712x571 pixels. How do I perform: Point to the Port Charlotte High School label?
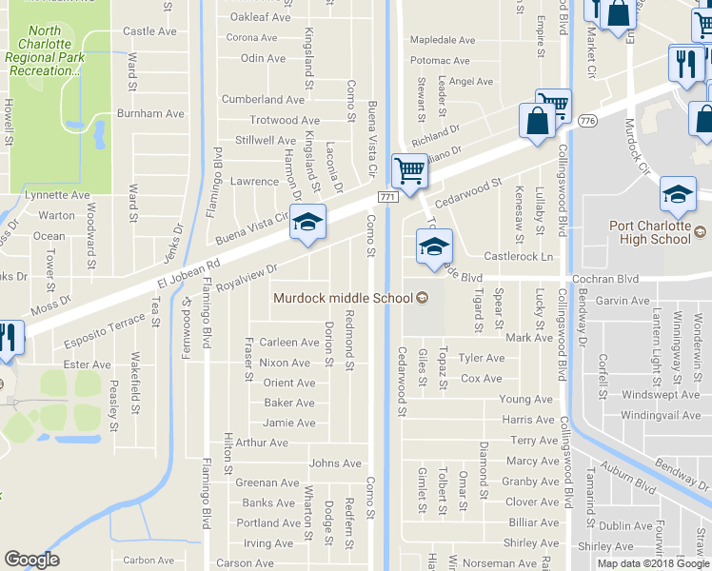657,233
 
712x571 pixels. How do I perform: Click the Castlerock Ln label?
518,257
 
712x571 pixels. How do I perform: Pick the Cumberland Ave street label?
263,99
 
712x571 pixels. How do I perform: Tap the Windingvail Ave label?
661,415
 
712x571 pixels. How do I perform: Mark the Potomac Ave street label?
440,60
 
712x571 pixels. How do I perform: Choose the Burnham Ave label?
149,113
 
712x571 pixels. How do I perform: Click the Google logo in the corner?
31,560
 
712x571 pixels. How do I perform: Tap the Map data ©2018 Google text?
653,563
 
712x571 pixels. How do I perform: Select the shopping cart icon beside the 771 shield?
409,172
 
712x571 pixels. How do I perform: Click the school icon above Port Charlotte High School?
677,194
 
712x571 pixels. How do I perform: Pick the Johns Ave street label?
335,463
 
